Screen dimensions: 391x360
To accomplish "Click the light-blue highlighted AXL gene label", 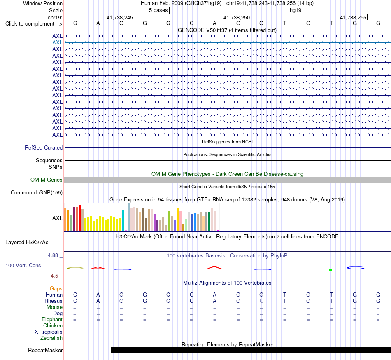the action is point(57,43).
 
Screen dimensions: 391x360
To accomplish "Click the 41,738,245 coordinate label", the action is point(120,17).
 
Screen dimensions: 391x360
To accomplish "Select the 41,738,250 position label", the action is point(236,17).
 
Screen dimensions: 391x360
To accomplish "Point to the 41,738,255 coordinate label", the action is point(353,17).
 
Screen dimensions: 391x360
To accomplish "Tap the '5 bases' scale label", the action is point(158,10).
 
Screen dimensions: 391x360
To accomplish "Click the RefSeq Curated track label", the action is point(44,148).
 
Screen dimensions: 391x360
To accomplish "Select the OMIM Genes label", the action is point(47,180).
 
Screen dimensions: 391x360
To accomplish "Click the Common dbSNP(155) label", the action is point(37,193).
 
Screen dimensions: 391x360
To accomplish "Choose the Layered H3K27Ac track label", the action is point(27,243).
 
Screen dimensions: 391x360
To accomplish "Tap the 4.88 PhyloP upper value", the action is point(53,255).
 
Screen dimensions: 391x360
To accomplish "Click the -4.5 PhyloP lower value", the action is point(54,276).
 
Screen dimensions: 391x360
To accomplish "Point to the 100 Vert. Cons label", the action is point(23,265).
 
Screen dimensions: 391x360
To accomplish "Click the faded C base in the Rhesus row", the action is point(261,301).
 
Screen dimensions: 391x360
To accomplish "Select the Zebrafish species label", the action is point(51,338).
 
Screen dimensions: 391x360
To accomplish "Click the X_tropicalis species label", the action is point(49,332).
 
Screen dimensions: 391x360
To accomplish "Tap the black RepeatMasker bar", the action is point(251,350).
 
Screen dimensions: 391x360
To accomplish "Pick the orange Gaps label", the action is point(56,289).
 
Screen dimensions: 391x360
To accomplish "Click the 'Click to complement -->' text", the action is point(34,24).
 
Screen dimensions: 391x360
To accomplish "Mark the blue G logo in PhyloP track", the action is point(355,268).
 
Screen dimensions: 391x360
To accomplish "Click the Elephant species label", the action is point(52,320).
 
